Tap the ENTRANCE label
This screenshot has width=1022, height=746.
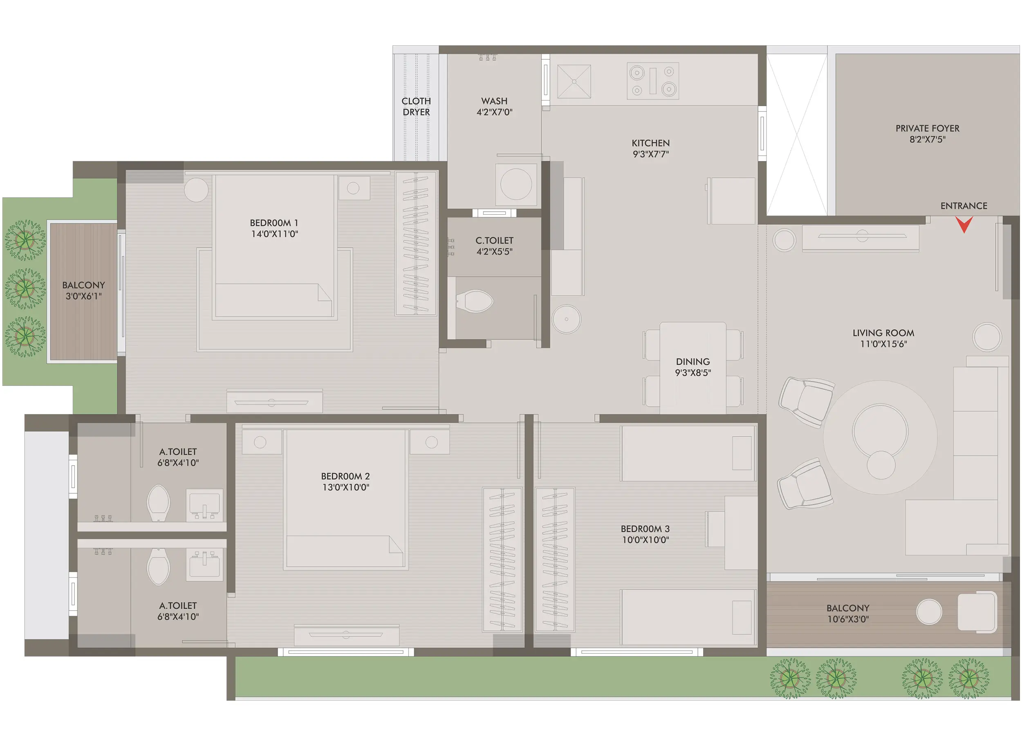(x=963, y=206)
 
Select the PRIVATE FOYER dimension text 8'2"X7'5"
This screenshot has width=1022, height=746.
(x=927, y=139)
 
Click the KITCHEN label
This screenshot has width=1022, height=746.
(x=650, y=143)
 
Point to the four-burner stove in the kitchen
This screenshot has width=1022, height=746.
(x=652, y=81)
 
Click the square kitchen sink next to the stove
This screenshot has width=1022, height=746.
(x=574, y=81)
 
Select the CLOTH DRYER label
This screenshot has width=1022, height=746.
(x=416, y=107)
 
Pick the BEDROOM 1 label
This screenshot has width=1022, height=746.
(x=273, y=223)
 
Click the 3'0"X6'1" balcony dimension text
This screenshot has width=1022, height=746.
(x=83, y=296)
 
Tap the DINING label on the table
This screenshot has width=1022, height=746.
(x=693, y=362)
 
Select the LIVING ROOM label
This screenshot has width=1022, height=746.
(x=883, y=333)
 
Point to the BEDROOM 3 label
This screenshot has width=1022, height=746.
(x=645, y=529)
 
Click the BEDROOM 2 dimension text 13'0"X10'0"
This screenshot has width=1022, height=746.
(x=345, y=487)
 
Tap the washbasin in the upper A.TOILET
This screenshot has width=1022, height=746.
(x=204, y=504)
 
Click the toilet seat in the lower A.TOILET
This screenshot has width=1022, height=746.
(x=158, y=568)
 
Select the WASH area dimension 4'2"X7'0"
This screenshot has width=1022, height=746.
(x=494, y=112)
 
